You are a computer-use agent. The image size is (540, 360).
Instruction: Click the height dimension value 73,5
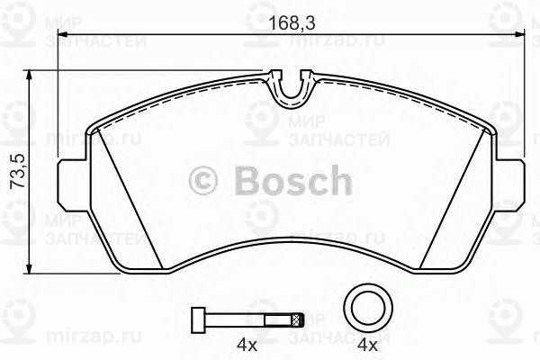click(15, 170)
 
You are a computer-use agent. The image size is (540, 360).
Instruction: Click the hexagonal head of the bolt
click(195, 319)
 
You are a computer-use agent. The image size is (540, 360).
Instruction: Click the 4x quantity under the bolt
click(247, 344)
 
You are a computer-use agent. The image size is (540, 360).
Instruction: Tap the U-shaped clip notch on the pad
click(289, 87)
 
